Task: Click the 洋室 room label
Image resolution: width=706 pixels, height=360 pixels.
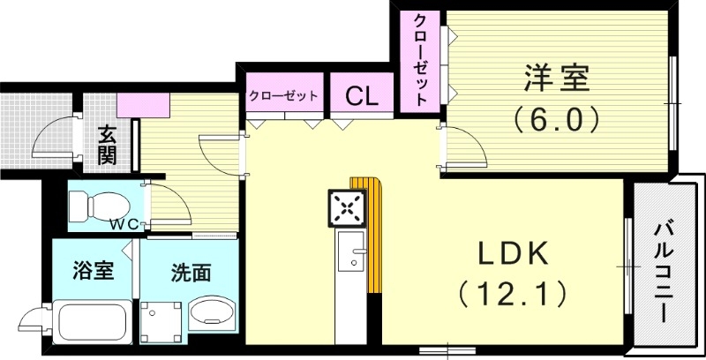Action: (557, 78)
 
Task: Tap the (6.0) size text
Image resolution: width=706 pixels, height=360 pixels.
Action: (557, 118)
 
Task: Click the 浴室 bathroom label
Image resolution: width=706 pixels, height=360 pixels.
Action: (92, 271)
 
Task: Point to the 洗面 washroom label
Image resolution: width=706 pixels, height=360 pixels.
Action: (190, 273)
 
